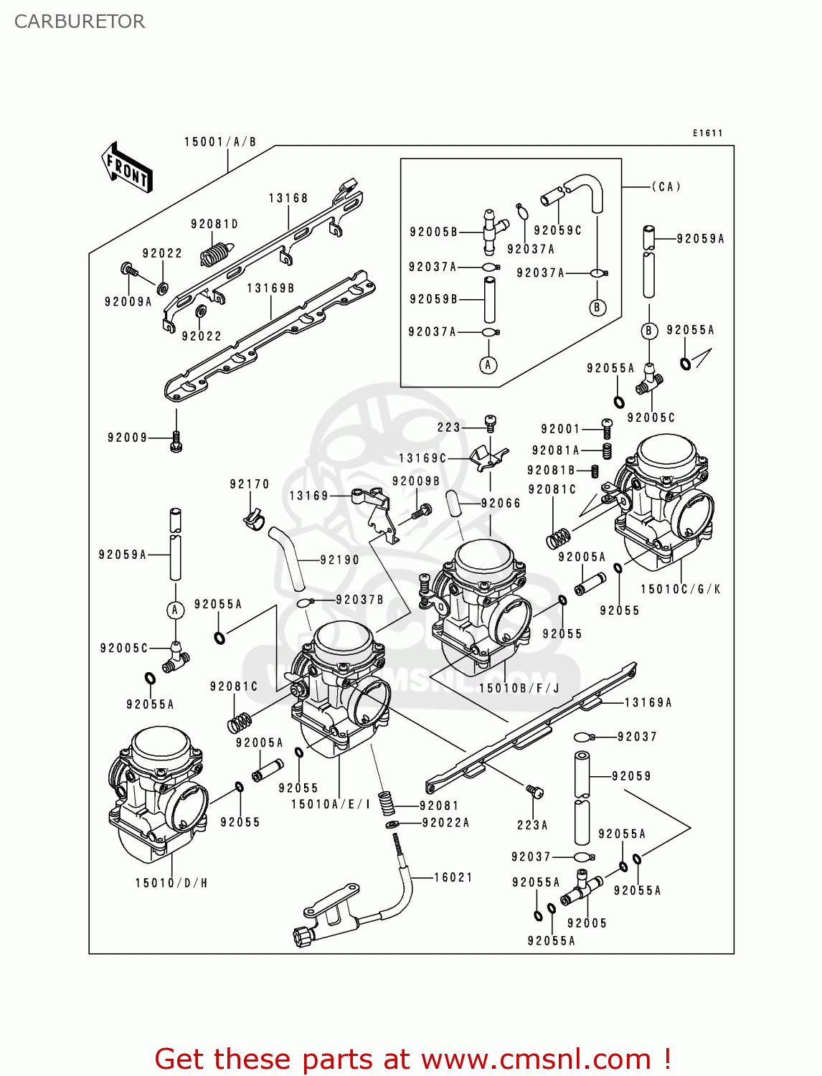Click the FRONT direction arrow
tap(127, 169)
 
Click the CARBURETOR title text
tap(80, 22)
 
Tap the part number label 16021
tap(453, 877)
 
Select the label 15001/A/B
tap(220, 142)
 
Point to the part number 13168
tap(288, 198)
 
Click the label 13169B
tap(270, 288)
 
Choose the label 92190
tap(339, 560)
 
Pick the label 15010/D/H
tap(171, 883)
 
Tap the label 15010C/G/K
tap(680, 589)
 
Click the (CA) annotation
tap(666, 187)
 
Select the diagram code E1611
tap(707, 133)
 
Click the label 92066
tap(501, 504)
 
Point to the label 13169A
tap(648, 703)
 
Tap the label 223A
tap(532, 825)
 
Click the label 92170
tap(250, 484)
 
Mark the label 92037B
tap(359, 600)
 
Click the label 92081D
tap(214, 225)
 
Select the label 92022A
tap(445, 823)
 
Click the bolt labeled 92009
tap(176, 443)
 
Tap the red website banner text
tap(412, 1059)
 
